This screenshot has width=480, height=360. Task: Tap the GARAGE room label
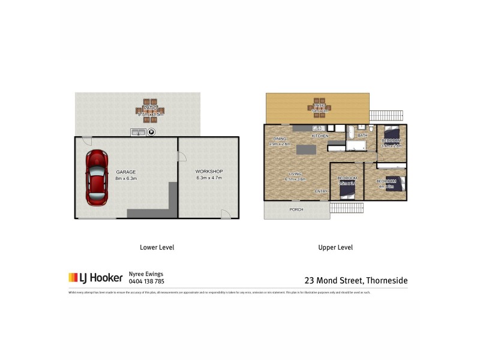(x=126, y=172)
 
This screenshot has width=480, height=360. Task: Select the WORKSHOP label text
(x=209, y=172)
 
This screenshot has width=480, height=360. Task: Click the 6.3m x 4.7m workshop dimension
(x=209, y=178)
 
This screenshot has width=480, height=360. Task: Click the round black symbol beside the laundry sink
(x=151, y=133)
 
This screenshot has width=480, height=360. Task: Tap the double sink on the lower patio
(x=139, y=133)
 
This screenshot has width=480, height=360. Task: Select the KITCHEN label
(x=320, y=137)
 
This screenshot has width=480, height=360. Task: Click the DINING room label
(x=279, y=139)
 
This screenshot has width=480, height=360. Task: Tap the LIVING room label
(x=295, y=173)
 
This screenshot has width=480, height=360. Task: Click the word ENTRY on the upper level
(x=321, y=191)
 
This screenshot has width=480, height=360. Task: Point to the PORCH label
(x=296, y=209)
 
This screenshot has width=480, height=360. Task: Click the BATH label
(x=362, y=136)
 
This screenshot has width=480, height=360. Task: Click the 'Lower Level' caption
(x=157, y=247)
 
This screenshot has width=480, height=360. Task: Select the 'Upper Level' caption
(x=335, y=247)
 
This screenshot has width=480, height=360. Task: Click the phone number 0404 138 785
(x=146, y=281)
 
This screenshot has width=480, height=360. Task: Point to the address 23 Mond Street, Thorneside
(x=356, y=280)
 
